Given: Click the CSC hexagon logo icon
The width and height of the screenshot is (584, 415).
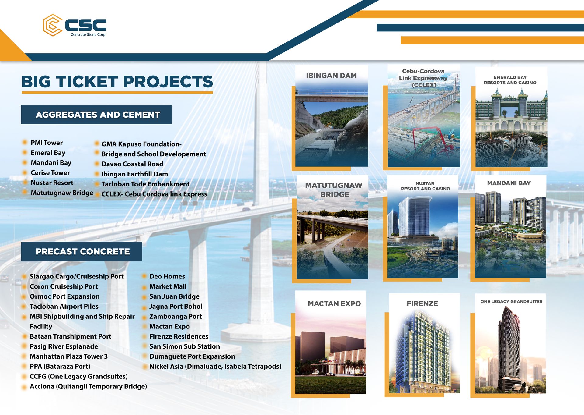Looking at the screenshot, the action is click(53, 25).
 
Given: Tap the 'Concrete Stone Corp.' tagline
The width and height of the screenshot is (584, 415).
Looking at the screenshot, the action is click(89, 35).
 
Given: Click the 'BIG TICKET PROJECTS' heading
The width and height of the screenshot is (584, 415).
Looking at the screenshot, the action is click(117, 82).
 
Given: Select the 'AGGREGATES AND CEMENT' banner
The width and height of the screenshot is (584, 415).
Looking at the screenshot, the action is click(96, 115).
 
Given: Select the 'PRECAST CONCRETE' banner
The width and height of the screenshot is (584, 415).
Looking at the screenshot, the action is click(82, 251).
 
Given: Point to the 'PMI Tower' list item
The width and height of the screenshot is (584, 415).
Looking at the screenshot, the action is click(47, 143).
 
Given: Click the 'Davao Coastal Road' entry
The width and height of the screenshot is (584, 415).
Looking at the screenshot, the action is click(132, 164).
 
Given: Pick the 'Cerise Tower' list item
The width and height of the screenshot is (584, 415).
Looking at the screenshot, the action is click(50, 173).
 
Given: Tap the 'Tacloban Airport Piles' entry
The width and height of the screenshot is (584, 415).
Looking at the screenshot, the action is click(64, 307).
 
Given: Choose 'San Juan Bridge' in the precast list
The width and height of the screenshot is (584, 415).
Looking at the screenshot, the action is click(174, 296).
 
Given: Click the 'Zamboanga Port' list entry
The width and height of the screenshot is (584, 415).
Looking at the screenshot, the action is click(176, 317).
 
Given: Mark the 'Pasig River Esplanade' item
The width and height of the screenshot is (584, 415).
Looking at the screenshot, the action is click(64, 346).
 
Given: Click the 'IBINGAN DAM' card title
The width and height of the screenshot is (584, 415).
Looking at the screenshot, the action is click(331, 76).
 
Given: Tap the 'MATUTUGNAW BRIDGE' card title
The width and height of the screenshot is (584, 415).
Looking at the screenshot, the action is click(334, 190).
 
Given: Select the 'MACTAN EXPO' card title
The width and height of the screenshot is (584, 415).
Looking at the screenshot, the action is click(334, 303).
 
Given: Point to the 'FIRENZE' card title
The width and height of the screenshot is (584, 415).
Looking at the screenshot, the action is click(422, 303).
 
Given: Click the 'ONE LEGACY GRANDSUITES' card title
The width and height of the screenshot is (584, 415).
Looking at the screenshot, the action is click(511, 301).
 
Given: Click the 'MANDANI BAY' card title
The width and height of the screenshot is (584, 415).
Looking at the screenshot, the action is click(509, 183).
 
